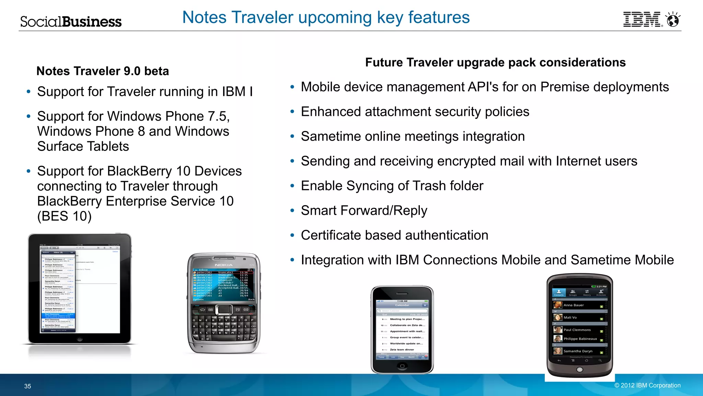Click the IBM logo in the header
642,19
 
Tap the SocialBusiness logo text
71,22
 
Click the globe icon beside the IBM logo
673,20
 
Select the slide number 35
28,386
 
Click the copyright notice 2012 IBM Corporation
647,385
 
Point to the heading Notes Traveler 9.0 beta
103,71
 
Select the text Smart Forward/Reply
364,211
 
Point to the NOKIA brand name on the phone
224,265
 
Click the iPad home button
80,339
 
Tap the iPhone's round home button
402,366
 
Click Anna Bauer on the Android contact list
574,305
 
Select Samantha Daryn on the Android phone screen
578,351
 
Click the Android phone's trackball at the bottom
579,370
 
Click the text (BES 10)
64,217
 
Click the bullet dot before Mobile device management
292,87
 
